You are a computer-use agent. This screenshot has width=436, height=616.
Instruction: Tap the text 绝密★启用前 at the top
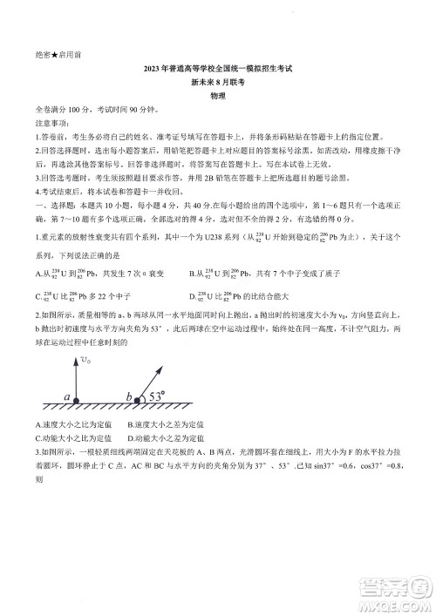(x=60, y=54)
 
